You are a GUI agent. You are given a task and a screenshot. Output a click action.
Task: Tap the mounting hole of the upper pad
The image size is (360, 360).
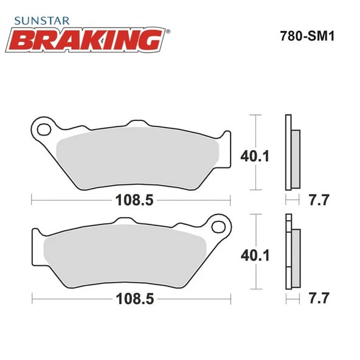coord(43,130)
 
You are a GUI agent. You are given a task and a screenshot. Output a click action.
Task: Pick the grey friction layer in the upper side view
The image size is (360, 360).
coord(295,159)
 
